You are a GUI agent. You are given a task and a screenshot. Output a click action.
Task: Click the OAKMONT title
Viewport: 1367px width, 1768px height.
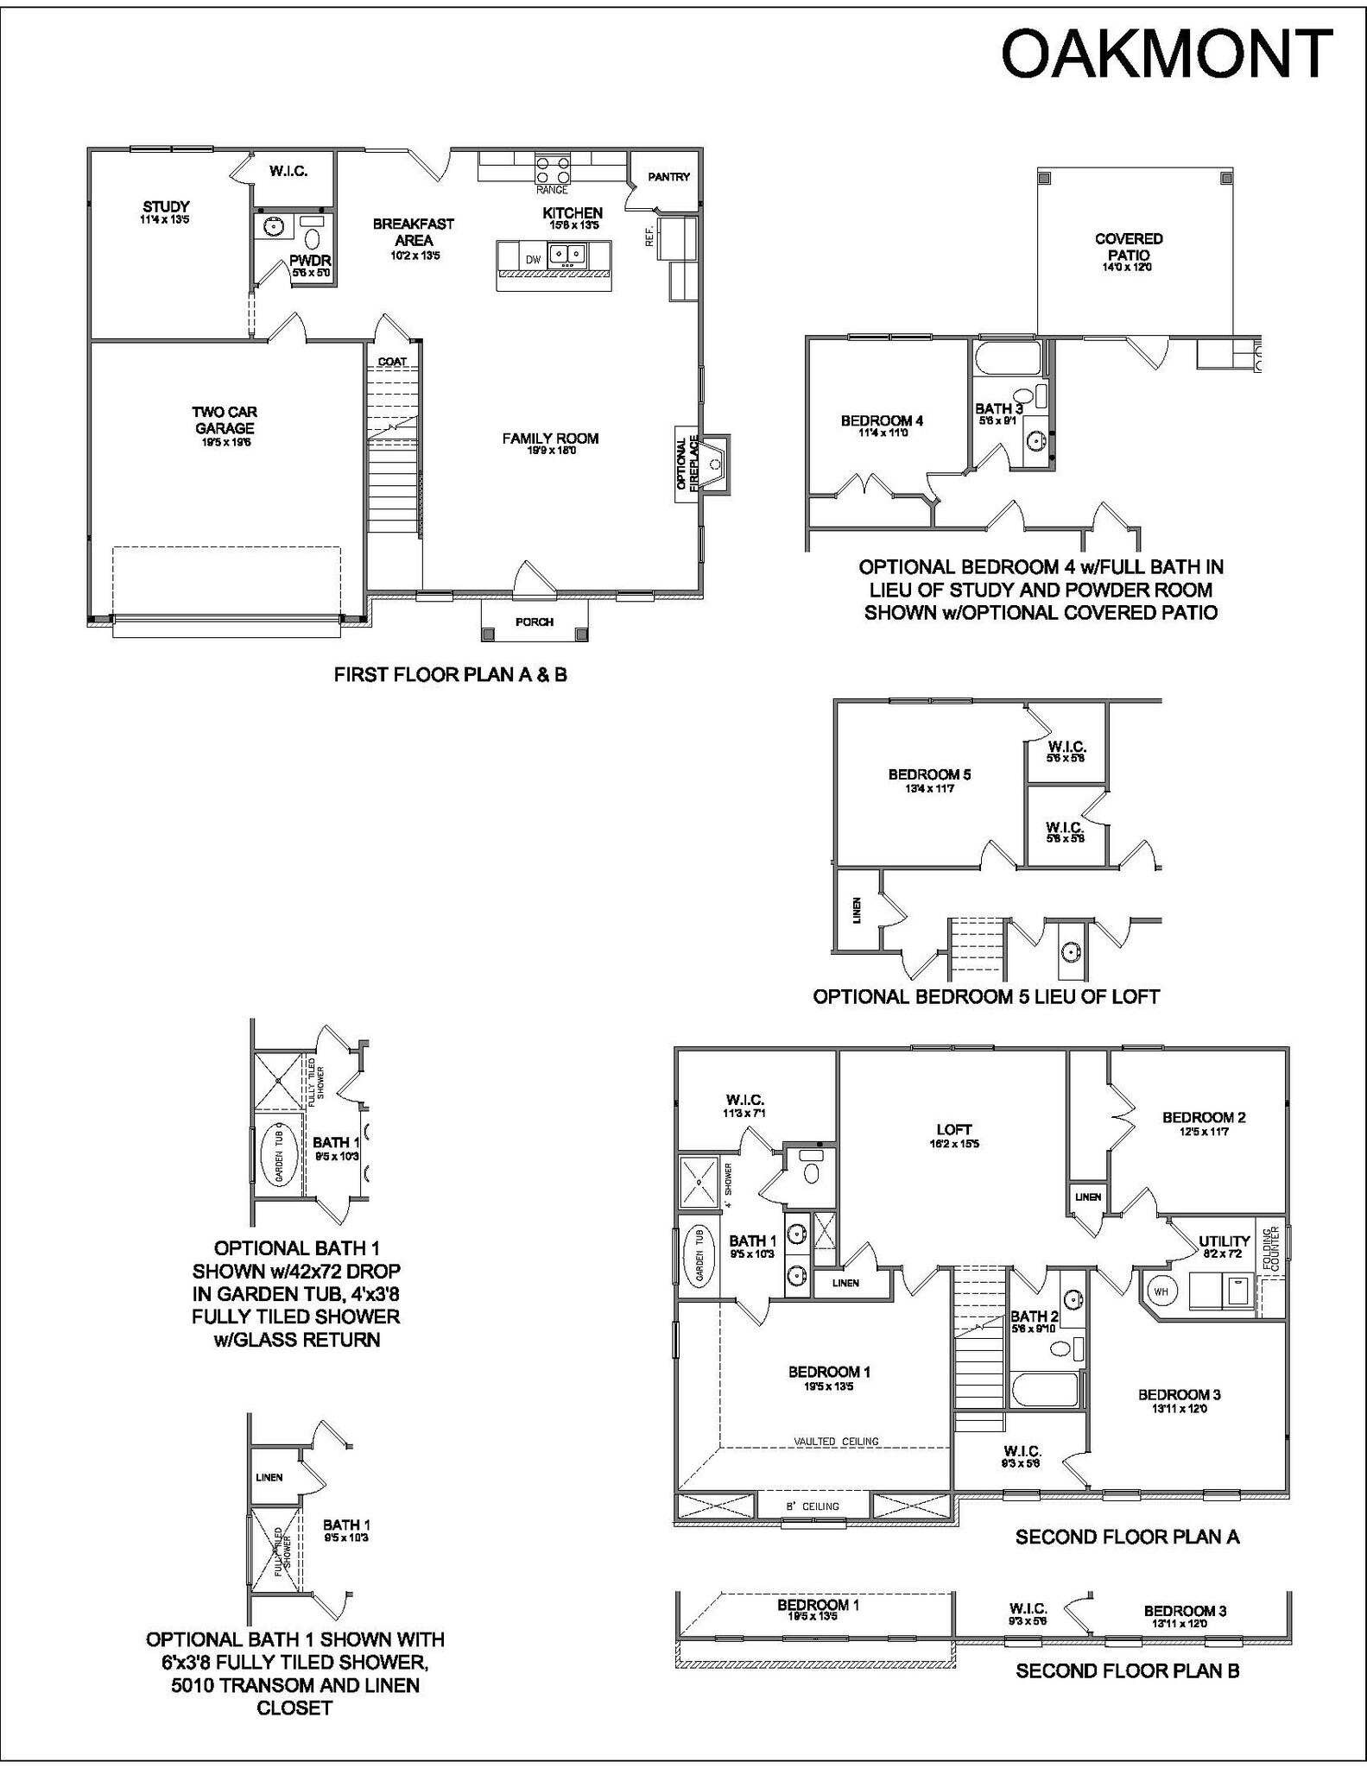(1167, 54)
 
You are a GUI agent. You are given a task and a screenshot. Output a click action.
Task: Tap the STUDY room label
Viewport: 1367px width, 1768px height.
(166, 207)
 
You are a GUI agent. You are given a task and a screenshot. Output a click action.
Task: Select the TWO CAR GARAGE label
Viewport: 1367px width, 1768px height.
(225, 420)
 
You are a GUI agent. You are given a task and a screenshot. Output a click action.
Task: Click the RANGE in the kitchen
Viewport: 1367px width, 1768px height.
(552, 167)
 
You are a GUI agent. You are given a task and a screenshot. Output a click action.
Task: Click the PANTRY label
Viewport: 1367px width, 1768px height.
(669, 177)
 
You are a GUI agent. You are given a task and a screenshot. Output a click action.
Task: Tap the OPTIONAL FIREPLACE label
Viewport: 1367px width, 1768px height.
(687, 464)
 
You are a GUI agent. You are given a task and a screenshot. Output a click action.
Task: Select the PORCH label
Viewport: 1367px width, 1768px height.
(535, 622)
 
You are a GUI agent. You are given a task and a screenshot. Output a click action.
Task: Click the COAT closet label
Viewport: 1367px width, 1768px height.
(392, 362)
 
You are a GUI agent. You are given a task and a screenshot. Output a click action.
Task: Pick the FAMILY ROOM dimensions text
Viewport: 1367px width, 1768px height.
(551, 451)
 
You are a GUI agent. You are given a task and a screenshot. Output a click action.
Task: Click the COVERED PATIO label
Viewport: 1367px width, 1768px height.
(1129, 246)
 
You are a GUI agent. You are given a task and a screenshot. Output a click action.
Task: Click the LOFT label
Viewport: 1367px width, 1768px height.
(953, 1129)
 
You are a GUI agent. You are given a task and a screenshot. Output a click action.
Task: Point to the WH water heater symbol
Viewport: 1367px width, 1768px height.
(1161, 1291)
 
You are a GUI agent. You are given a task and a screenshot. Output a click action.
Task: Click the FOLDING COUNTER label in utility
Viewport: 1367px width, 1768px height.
(1271, 1248)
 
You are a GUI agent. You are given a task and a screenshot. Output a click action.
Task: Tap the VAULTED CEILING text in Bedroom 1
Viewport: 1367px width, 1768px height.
(836, 1441)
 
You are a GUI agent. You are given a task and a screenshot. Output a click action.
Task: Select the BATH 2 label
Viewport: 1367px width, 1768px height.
(1034, 1317)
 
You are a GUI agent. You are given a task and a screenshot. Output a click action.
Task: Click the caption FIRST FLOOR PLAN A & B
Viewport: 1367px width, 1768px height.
(450, 675)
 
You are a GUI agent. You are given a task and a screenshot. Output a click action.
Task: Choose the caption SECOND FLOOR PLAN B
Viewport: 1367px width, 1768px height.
(1127, 1670)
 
